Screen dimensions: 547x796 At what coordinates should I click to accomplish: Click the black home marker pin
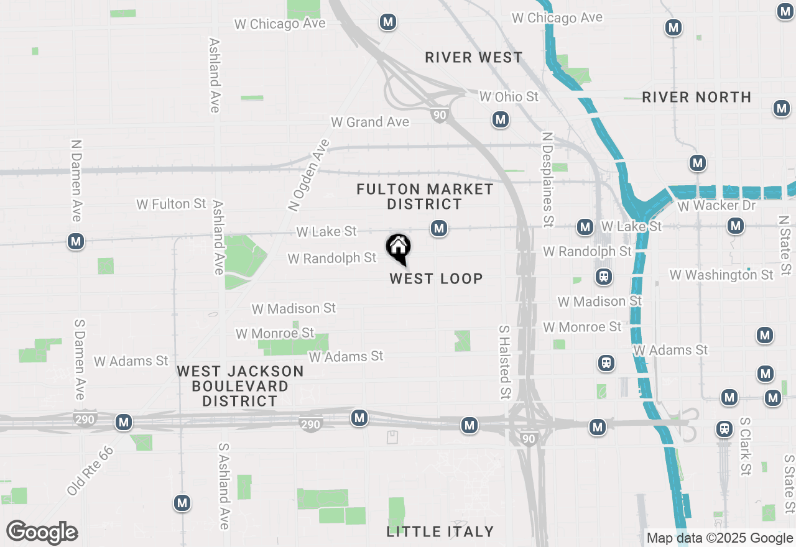pos(398,248)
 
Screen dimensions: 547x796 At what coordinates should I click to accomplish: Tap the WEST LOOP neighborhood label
pos(436,278)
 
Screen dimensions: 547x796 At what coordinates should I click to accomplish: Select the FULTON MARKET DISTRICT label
pos(425,196)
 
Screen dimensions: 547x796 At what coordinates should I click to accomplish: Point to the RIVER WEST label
pos(474,58)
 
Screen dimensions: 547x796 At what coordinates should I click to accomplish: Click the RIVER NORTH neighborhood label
pos(696,97)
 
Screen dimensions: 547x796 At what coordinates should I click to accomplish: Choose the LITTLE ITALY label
pos(440,531)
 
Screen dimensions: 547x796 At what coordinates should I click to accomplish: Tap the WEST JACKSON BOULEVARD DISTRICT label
pos(240,386)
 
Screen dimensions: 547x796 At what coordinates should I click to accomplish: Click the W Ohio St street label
pos(509,96)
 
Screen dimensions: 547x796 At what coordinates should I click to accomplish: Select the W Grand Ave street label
pos(370,122)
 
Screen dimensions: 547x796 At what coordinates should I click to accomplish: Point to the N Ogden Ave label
pos(308,175)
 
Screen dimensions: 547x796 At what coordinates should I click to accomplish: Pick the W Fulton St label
pos(171,204)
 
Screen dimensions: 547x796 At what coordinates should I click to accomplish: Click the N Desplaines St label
pos(547,179)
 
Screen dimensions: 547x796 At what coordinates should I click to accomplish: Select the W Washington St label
pos(721,274)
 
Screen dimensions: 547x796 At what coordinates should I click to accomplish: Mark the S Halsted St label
pos(504,362)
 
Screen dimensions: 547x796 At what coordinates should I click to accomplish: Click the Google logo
pos(42,533)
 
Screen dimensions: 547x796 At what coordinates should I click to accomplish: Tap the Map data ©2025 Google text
pos(720,538)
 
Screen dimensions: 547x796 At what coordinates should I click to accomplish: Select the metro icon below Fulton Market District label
pos(439,228)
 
